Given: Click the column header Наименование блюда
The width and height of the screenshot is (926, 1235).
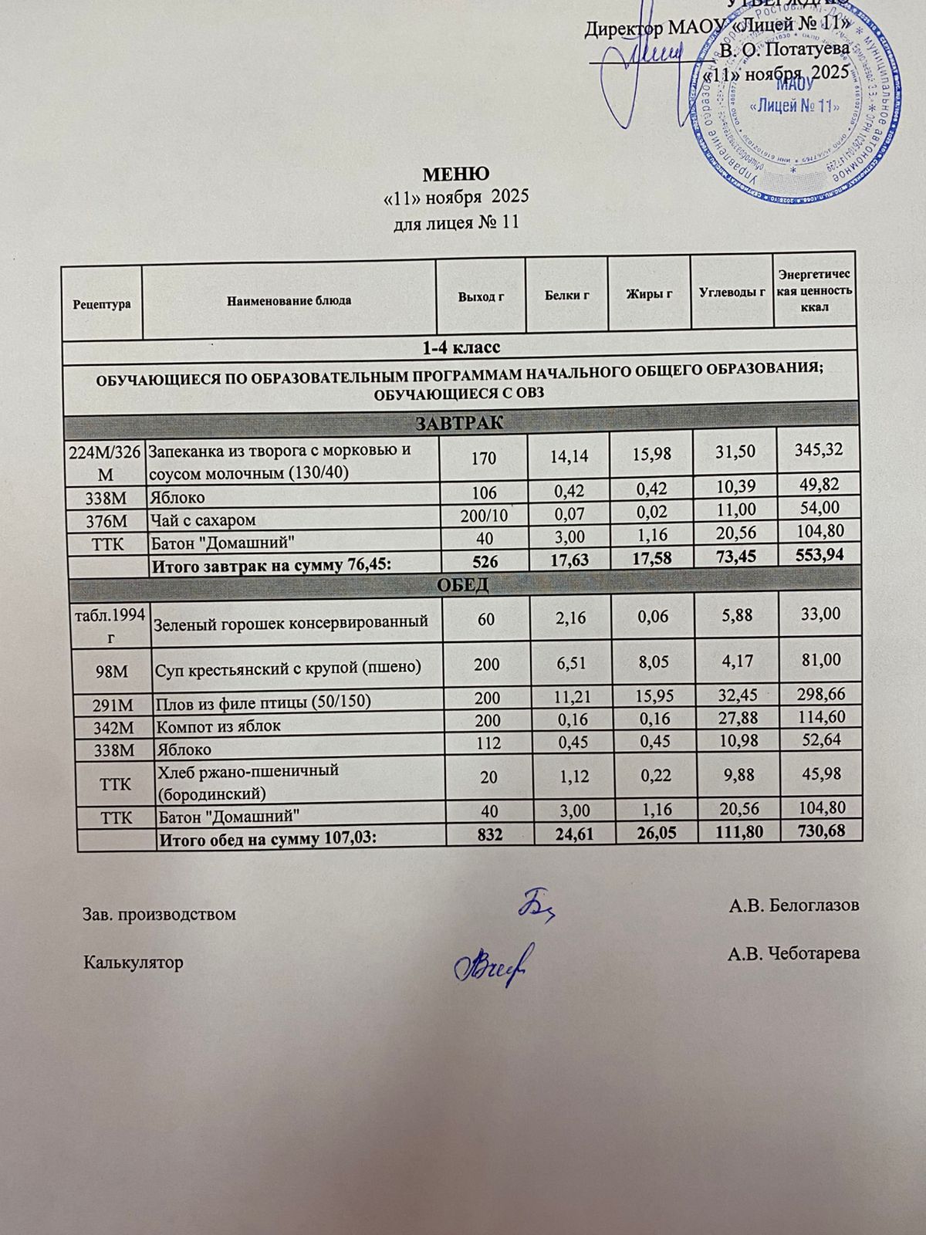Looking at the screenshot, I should click(x=289, y=300).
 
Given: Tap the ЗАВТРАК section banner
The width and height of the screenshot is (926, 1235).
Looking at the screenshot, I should click(x=459, y=423).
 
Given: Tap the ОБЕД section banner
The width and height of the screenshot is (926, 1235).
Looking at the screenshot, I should click(x=462, y=584).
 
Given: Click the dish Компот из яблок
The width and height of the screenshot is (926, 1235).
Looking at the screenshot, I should click(x=218, y=726).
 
